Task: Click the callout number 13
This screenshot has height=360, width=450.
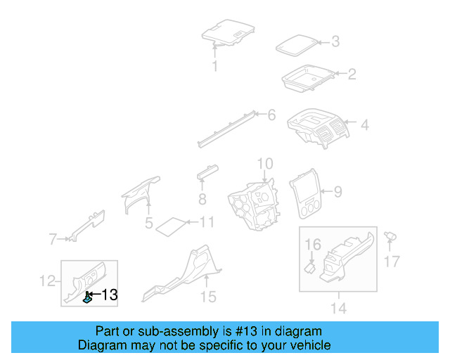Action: [110, 295]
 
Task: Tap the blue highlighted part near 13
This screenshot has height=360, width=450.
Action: [87, 297]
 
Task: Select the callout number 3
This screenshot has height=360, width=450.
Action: [335, 41]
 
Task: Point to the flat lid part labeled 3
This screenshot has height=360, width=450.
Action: [297, 46]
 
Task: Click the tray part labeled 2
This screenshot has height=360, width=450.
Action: [308, 77]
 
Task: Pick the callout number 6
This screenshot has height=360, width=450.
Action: [271, 115]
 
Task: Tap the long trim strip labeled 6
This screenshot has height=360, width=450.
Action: [226, 129]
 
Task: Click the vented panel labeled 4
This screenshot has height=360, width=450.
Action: [318, 128]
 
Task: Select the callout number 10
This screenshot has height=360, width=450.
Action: [265, 164]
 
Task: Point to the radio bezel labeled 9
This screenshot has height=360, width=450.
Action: [305, 193]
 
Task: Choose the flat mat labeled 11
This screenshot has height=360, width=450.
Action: [171, 226]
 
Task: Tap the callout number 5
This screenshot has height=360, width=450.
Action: [148, 223]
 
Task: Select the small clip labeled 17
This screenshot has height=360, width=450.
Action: [390, 236]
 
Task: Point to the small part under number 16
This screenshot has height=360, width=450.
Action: [309, 268]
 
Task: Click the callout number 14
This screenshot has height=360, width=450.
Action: [339, 309]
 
